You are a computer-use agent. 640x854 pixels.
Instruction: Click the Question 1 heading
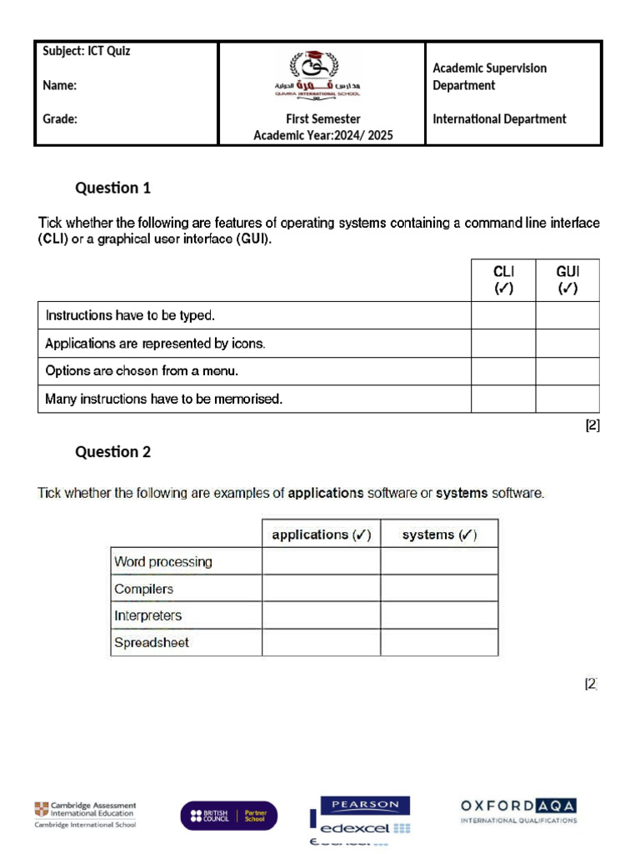[113, 188]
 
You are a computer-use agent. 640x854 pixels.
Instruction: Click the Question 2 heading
[113, 452]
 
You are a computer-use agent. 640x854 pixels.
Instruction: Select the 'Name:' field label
[60, 85]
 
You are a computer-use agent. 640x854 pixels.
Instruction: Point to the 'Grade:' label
[60, 119]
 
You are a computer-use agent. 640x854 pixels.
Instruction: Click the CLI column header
[503, 280]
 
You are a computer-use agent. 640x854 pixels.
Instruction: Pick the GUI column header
[567, 280]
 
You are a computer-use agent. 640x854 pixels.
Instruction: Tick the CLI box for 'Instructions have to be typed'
[503, 315]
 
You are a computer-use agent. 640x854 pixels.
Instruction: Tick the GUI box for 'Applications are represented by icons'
[567, 344]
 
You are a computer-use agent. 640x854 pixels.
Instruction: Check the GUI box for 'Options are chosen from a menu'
[567, 371]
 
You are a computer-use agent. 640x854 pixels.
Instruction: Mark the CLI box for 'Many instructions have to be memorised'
[503, 399]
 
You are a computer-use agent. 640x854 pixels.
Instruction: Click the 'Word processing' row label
[163, 562]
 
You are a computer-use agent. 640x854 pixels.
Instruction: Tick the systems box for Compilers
[439, 589]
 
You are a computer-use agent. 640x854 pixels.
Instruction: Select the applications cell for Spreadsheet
[321, 642]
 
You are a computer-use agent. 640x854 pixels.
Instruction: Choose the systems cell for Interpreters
[439, 615]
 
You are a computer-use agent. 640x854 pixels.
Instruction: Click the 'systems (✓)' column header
[439, 535]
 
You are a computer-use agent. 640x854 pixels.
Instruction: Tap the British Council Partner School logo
[229, 815]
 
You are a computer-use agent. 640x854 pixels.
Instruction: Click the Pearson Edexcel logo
[359, 817]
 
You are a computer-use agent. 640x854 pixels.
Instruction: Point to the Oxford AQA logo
[518, 810]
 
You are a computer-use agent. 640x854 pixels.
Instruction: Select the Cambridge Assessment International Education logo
[85, 814]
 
